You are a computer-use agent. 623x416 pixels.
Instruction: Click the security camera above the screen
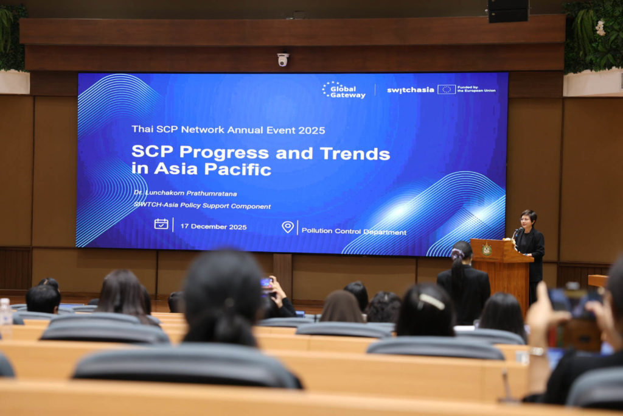click(x=283, y=60)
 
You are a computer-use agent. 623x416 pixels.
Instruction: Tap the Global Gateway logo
click(x=344, y=90)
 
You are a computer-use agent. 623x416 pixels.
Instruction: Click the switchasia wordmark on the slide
click(x=411, y=90)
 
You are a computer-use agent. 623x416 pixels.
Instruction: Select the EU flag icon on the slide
click(x=446, y=90)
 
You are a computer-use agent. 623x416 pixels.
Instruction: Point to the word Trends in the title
click(x=355, y=153)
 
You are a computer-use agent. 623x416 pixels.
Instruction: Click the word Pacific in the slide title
click(x=238, y=169)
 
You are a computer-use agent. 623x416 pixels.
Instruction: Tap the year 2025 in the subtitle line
click(x=311, y=130)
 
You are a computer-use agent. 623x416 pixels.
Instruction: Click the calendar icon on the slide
click(x=161, y=224)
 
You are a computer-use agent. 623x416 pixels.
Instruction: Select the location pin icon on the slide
click(x=288, y=227)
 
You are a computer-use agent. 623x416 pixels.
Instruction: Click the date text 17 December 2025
click(x=214, y=227)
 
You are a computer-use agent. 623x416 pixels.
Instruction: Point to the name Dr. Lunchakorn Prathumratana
click(x=185, y=193)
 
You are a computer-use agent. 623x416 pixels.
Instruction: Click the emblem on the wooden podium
click(x=486, y=250)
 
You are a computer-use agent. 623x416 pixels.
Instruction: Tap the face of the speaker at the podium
click(x=527, y=221)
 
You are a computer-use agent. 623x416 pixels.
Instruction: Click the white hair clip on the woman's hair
click(x=432, y=301)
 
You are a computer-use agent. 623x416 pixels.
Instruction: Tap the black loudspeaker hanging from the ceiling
click(x=508, y=11)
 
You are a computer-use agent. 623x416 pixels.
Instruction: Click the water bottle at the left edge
click(x=5, y=312)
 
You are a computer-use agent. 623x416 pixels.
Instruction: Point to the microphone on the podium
click(x=516, y=233)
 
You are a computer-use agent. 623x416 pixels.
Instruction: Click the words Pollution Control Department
click(x=353, y=231)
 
